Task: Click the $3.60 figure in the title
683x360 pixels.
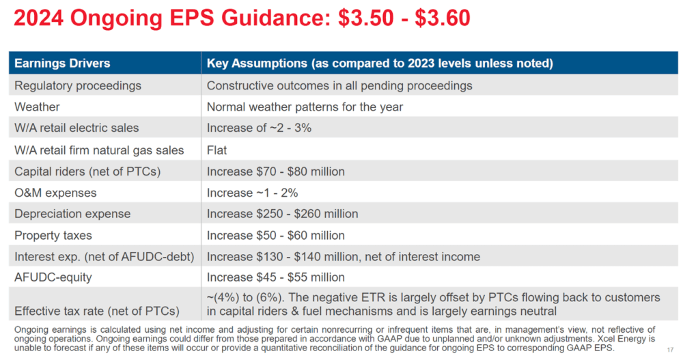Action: click(x=442, y=18)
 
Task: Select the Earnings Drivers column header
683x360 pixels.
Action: click(x=62, y=64)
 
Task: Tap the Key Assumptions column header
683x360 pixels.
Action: click(x=380, y=64)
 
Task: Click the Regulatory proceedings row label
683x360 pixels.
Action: click(x=78, y=85)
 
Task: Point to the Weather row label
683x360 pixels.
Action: click(x=37, y=107)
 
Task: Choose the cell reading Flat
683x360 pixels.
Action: click(x=217, y=150)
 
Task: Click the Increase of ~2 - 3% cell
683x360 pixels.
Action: click(x=259, y=128)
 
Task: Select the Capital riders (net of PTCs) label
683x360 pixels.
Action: click(x=87, y=171)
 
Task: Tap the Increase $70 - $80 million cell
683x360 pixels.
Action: click(x=276, y=171)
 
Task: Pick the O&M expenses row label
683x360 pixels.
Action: click(x=55, y=193)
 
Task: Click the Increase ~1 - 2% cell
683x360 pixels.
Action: click(x=253, y=193)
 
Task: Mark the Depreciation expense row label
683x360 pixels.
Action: click(x=72, y=214)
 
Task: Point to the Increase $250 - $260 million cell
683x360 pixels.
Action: click(x=283, y=214)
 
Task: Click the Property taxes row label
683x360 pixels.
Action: click(x=53, y=236)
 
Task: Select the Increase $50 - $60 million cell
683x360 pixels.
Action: click(x=276, y=236)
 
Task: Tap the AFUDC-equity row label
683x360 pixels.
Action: click(x=53, y=277)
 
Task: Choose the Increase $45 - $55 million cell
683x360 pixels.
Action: click(x=276, y=277)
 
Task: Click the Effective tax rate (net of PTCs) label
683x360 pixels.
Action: click(x=97, y=311)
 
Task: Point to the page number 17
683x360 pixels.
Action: click(x=671, y=350)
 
